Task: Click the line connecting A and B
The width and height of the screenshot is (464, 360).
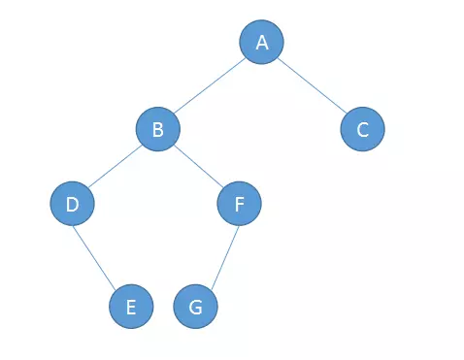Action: point(210,85)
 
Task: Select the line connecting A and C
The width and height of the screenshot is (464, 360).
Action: point(311,85)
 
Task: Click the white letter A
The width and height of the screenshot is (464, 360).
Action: point(262,43)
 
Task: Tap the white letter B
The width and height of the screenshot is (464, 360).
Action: point(157,129)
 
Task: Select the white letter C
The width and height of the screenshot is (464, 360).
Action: point(362,129)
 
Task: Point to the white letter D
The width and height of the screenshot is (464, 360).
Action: point(72,204)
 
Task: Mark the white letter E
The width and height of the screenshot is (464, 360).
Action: point(131,308)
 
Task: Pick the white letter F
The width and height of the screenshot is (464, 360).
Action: point(240,204)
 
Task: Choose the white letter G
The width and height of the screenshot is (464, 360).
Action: point(195,308)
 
